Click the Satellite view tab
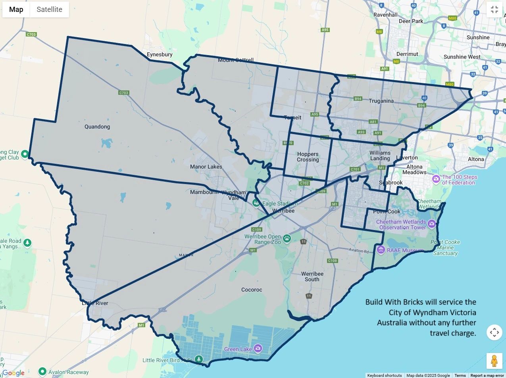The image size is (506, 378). (49, 10)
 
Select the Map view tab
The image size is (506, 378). (16, 10)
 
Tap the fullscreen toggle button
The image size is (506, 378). (494, 10)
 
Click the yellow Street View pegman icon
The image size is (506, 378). (494, 361)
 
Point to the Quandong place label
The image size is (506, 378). (97, 127)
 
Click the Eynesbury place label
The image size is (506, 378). (160, 54)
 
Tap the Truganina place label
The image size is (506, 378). (381, 101)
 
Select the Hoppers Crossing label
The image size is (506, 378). (308, 157)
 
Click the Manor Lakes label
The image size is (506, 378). (206, 167)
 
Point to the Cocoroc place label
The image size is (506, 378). (252, 290)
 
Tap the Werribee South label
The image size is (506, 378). (312, 276)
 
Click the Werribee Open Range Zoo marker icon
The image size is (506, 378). (287, 238)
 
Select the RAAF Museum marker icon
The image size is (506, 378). (381, 250)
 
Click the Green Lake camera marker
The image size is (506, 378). (258, 348)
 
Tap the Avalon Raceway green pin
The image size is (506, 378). (42, 372)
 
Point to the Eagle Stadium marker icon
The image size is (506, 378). (256, 203)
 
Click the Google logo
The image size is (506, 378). (13, 373)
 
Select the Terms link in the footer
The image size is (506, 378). (460, 375)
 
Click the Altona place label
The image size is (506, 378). (475, 159)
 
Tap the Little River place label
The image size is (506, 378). (95, 303)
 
